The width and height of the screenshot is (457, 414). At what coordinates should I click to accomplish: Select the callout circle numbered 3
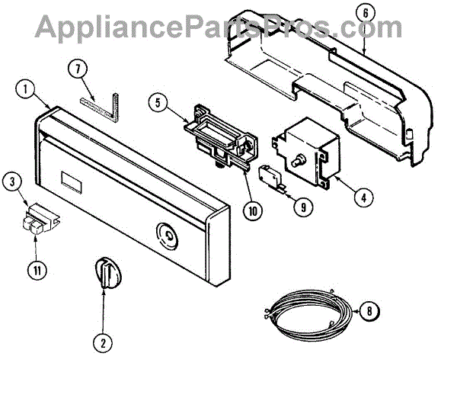11,181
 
